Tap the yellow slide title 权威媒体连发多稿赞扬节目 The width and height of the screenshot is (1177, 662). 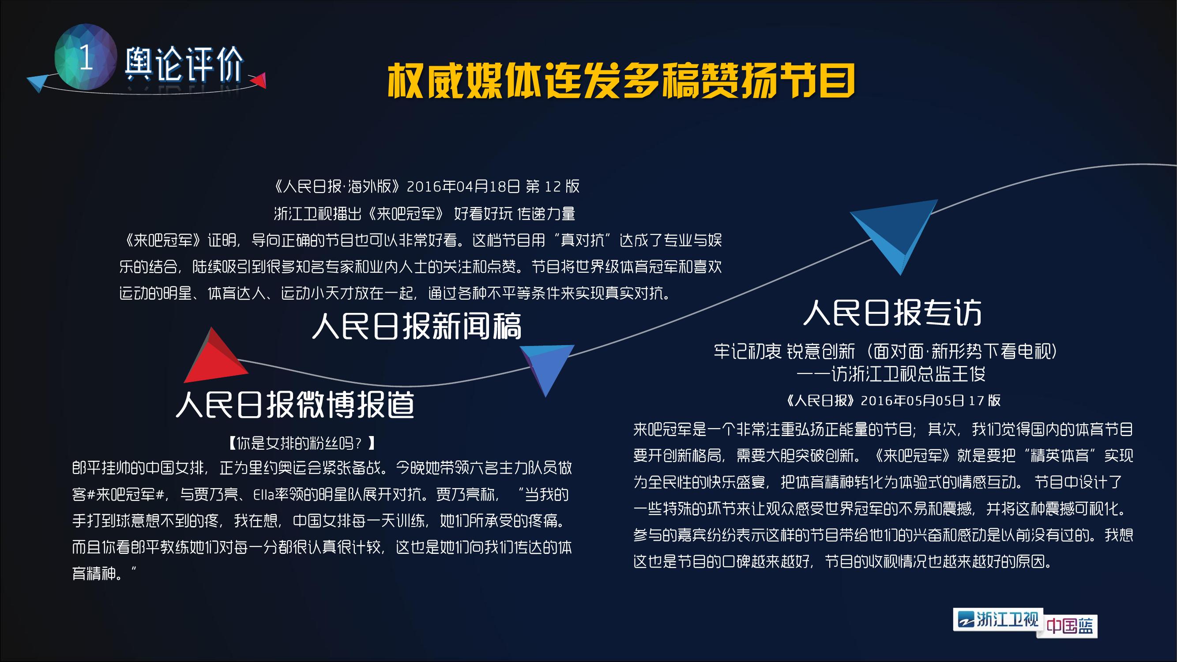pyautogui.click(x=620, y=81)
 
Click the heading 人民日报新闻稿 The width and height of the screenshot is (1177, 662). pyautogui.click(x=416, y=326)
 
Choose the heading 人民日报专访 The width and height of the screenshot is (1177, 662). pyautogui.click(x=892, y=313)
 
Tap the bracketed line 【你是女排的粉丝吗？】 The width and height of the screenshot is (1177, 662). pyautogui.click(x=301, y=443)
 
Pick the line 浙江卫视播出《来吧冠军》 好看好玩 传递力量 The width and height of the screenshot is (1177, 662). pyautogui.click(x=425, y=213)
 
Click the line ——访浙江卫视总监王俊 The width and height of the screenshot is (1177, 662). pyautogui.click(x=891, y=374)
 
